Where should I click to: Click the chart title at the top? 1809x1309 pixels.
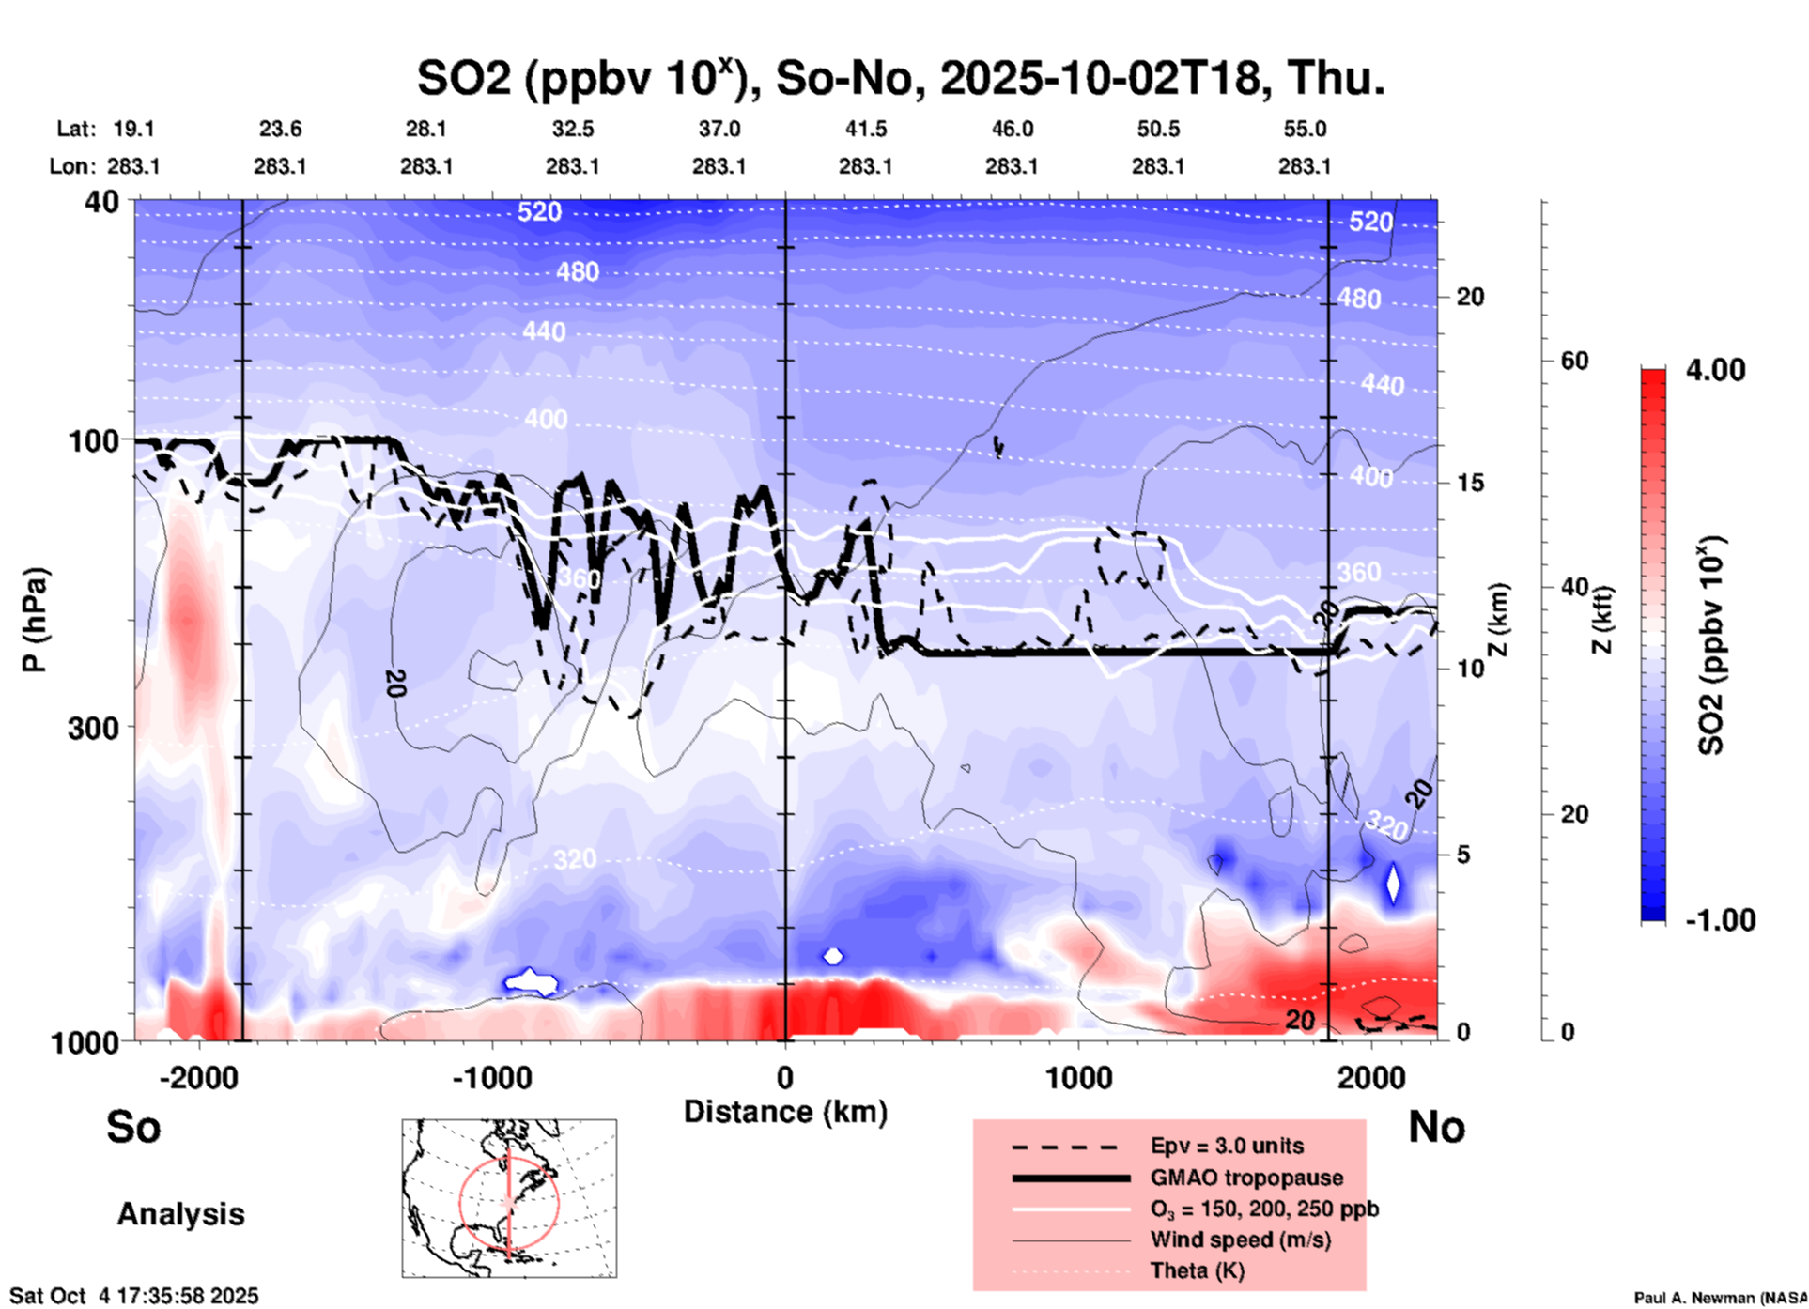coord(900,79)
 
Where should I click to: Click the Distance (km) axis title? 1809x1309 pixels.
coord(785,1112)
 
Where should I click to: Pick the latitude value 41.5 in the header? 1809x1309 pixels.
coord(865,129)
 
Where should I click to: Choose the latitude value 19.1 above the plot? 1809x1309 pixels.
coord(133,129)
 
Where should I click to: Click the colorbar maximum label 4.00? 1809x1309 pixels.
coord(1715,370)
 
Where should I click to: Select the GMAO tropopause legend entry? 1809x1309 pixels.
coord(1246,1178)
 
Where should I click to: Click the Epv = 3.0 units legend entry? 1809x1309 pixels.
coord(1227,1147)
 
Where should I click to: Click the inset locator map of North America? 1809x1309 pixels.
coord(509,1197)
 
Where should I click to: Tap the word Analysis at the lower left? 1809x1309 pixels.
coord(180,1214)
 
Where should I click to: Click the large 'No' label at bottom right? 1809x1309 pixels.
coord(1436,1127)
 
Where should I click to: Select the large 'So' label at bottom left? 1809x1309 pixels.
coord(133,1127)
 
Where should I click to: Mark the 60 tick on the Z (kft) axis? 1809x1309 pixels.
coord(1573,361)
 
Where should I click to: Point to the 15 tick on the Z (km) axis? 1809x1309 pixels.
coord(1470,483)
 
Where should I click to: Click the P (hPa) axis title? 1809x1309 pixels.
coord(35,620)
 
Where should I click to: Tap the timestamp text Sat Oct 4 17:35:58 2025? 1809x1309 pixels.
coord(133,1296)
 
